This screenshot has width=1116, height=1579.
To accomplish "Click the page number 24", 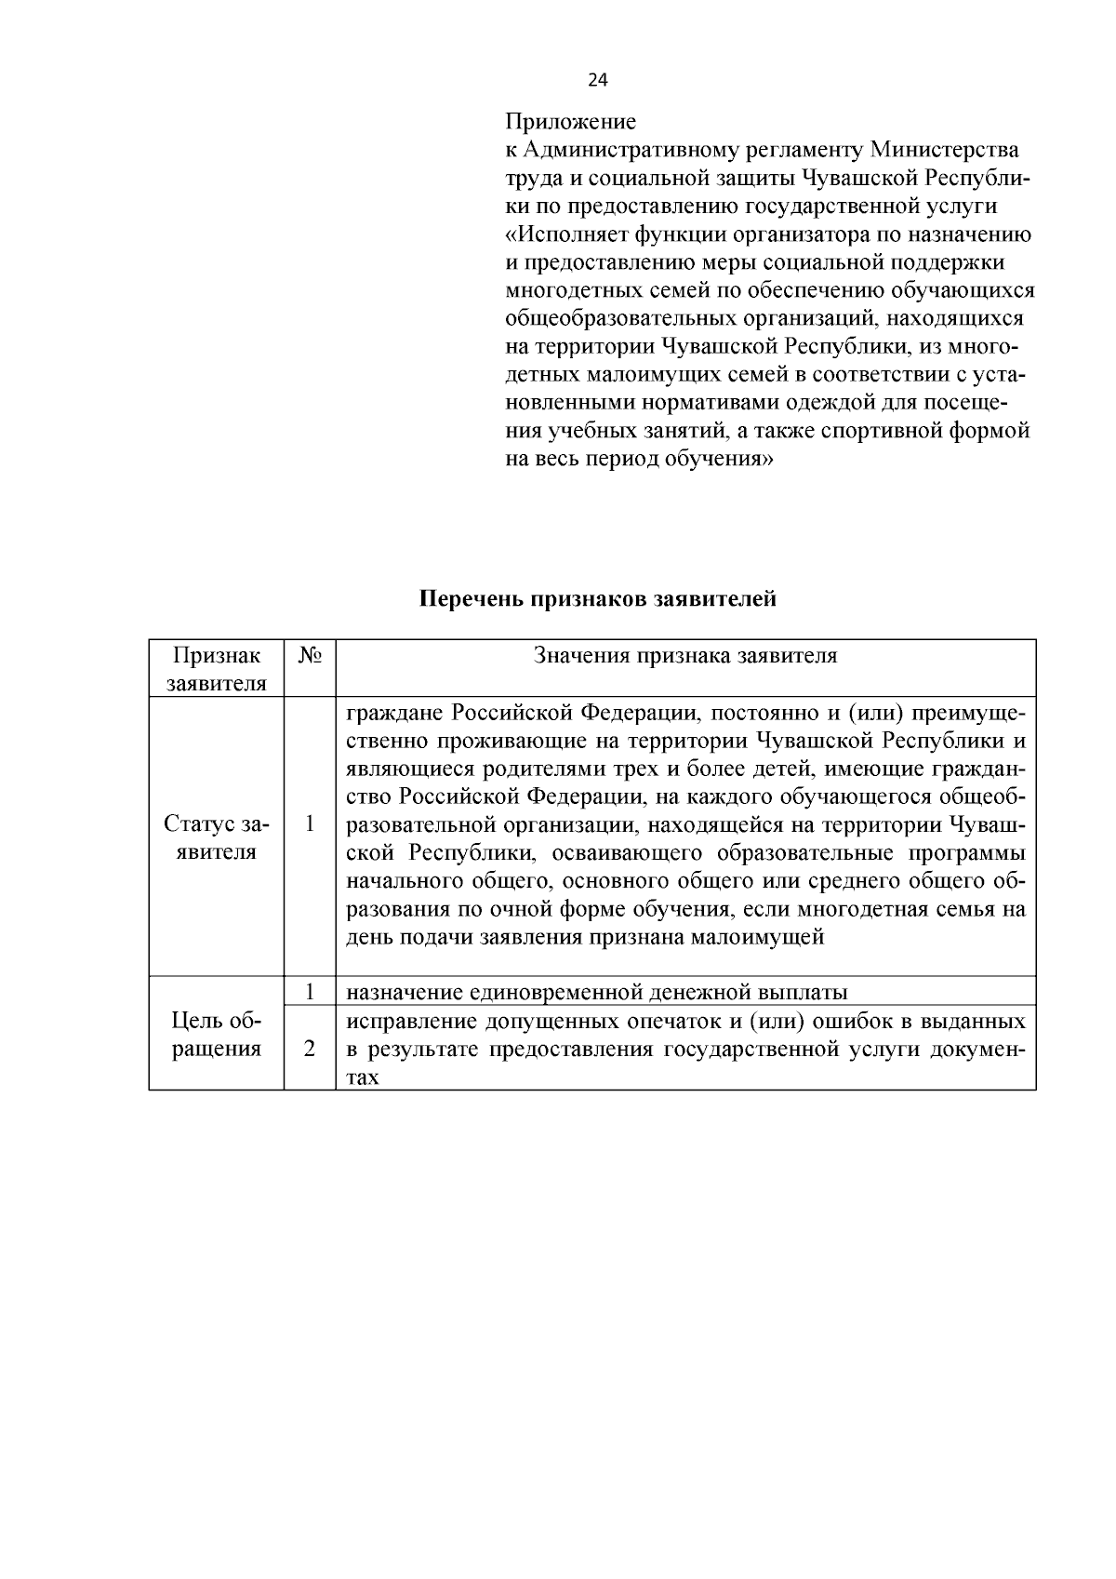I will coord(598,81).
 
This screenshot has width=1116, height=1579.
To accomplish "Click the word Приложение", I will coord(570,122).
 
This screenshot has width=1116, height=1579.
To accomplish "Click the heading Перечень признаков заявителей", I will coord(597,599).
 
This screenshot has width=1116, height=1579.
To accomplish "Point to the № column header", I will coord(310,655).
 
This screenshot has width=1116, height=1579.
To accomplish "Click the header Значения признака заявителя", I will coord(685,655).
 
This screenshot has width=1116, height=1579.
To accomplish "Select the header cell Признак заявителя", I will coord(217,669).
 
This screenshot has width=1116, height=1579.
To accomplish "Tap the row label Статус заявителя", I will coord(216,837).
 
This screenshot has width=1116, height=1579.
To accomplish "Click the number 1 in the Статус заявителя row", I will coord(310,824).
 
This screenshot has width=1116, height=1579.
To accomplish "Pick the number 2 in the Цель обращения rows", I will coord(310,1049).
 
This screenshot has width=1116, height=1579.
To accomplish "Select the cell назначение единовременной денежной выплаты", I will coord(596,992).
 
